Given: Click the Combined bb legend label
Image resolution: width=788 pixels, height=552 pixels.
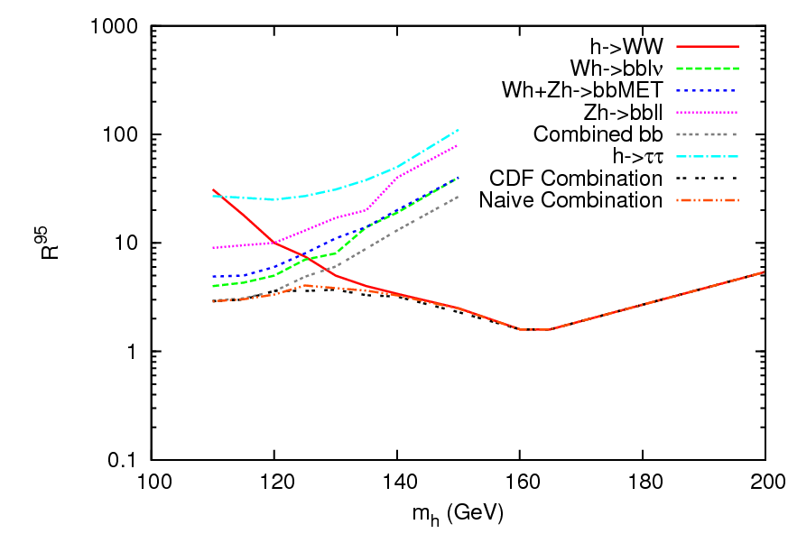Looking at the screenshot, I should pyautogui.click(x=598, y=133).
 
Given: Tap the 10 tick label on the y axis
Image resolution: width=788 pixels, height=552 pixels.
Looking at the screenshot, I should pyautogui.click(x=125, y=244).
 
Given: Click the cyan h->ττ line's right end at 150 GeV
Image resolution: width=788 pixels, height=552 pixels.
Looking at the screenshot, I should pyautogui.click(x=459, y=130).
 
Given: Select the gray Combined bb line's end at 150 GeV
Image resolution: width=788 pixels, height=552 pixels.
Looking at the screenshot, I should pyautogui.click(x=459, y=197).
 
